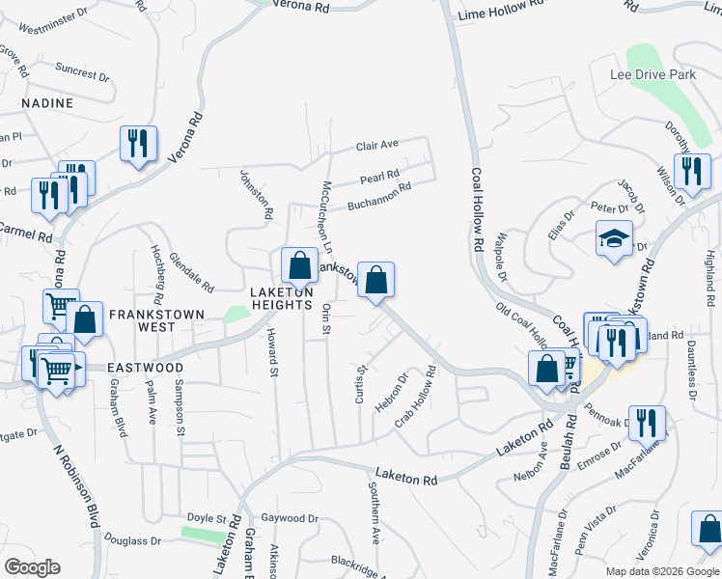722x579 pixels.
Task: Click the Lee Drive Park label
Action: pos(653,74)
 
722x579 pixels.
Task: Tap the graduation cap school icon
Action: pos(614,240)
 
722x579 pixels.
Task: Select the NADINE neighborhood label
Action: pos(47,103)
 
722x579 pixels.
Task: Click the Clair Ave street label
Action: pos(376,146)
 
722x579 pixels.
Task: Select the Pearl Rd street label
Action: pos(379,178)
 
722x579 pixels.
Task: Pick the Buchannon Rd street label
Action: pos(379,197)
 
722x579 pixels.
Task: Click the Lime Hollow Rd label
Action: pos(502,10)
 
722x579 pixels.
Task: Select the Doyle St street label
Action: pos(206,519)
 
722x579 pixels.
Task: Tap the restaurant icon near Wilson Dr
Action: pos(691,171)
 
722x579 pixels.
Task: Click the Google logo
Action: pos(32,567)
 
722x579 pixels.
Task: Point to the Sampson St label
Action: pos(180,409)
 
